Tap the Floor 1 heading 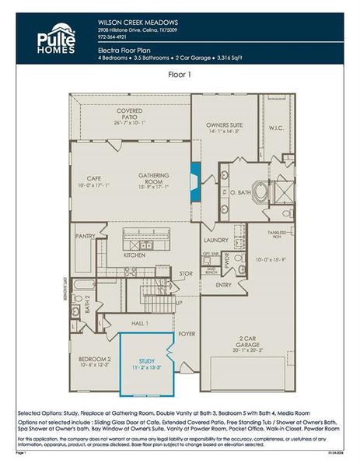[x=180, y=75]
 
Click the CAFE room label [x=94, y=180]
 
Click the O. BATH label [x=238, y=192]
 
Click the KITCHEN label [x=135, y=255]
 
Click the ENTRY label [x=224, y=285]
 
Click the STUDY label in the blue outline [x=146, y=360]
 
